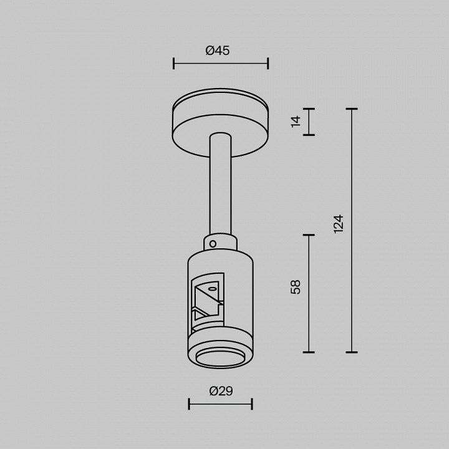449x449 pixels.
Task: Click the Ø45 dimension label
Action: point(218,51)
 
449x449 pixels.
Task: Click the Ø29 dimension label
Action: point(221,391)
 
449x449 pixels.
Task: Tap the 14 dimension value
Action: point(296,121)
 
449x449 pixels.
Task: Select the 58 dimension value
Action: point(296,287)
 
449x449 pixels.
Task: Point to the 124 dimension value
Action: point(339,223)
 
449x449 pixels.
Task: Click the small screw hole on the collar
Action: point(213,243)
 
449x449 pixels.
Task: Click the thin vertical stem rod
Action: point(221,187)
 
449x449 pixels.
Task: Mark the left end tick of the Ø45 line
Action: point(174,63)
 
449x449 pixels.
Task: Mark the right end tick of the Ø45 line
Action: point(268,63)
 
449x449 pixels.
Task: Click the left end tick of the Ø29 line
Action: point(190,404)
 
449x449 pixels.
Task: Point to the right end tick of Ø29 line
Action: point(252,404)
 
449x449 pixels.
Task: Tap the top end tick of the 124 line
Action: point(352,109)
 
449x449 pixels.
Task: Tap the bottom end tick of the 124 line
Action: point(352,352)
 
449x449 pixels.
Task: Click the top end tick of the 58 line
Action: point(309,235)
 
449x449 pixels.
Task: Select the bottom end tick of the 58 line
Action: point(309,352)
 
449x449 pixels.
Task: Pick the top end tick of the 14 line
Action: point(309,109)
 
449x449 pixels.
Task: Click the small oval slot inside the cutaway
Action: point(213,289)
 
